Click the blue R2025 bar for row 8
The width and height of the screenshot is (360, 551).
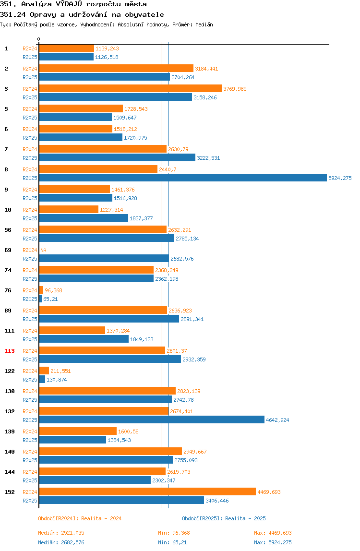(x=183, y=178)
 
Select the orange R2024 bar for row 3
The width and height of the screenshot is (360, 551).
(x=131, y=88)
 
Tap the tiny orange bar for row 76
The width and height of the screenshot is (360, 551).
(x=41, y=290)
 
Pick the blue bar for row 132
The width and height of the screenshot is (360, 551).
(x=152, y=419)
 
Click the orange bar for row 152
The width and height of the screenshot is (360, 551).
(x=147, y=491)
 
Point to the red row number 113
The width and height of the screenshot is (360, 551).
(x=10, y=351)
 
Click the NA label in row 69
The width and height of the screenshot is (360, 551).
(x=43, y=250)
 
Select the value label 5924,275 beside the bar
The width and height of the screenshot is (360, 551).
(x=340, y=178)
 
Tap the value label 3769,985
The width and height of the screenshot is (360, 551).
(x=235, y=89)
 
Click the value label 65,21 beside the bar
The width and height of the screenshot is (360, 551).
(x=50, y=299)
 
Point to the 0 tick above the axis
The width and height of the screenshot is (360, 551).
(x=39, y=39)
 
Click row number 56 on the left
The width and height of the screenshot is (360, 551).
(x=8, y=230)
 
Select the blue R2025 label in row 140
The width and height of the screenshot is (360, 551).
(x=30, y=460)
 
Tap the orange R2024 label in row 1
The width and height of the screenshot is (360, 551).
(x=30, y=48)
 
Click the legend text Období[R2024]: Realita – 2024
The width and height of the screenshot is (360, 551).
(x=80, y=518)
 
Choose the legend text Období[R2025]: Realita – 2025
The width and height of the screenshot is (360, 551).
(x=224, y=518)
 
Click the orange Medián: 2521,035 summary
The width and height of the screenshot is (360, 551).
(x=61, y=533)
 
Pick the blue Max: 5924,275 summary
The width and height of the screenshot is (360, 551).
(x=273, y=542)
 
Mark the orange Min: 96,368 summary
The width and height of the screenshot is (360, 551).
(x=174, y=533)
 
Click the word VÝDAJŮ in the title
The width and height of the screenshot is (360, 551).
(x=69, y=4)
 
